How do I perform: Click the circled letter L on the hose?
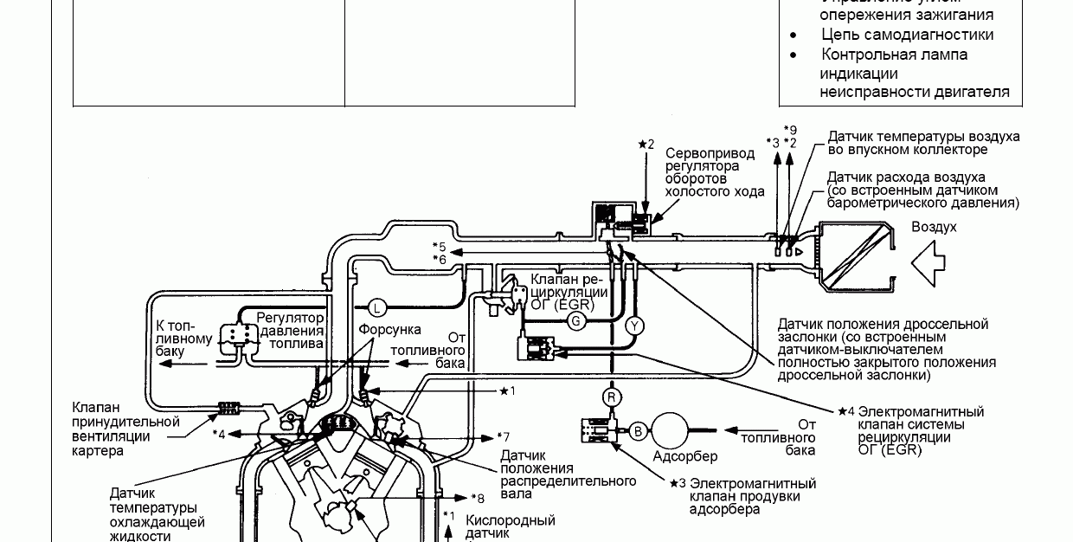coord(376,306)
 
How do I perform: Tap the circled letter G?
coord(576,320)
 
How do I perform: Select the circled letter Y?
coord(634,326)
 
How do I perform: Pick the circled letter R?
coord(613,397)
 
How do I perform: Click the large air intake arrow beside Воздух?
coord(934,261)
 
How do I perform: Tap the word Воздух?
coord(934,227)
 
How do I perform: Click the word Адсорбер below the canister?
coord(684,455)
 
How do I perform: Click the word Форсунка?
coord(390,330)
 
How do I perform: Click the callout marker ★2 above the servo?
coord(646,144)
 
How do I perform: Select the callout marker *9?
coord(789,129)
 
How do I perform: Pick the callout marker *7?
coord(503,436)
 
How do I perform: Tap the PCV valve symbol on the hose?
coord(231,406)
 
